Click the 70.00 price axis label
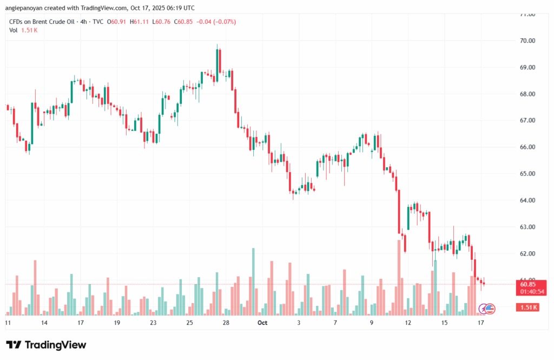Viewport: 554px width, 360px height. tap(527, 41)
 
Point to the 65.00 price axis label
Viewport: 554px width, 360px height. tap(527, 174)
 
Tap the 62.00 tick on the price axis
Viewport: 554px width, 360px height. tap(527, 253)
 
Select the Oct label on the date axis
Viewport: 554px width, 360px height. tap(262, 323)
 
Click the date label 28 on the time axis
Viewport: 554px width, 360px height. tap(226, 323)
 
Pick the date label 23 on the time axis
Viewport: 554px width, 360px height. tap(153, 323)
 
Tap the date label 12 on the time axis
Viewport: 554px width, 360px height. tap(408, 323)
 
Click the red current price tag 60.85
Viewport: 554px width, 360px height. tap(528, 284)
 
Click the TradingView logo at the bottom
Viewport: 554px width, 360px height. tap(46, 345)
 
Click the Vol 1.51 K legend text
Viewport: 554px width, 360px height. tap(23, 30)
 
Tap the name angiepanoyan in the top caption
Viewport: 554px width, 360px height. tap(23, 8)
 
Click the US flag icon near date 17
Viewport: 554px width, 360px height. tap(490, 309)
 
